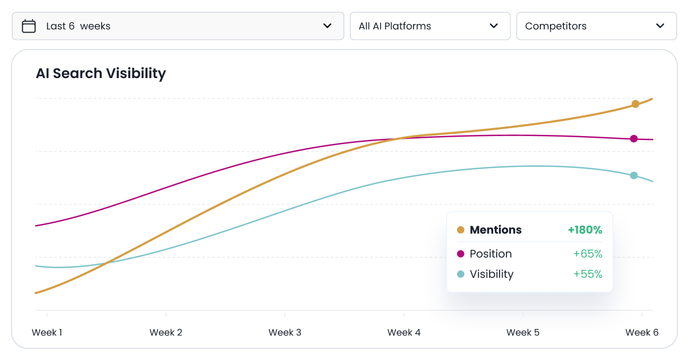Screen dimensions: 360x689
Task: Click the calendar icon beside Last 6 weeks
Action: pyautogui.click(x=29, y=26)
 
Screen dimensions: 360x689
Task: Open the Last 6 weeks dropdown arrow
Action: pyautogui.click(x=327, y=26)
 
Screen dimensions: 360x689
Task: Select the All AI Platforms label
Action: pyautogui.click(x=394, y=26)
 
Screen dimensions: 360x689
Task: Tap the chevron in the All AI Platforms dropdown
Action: pyautogui.click(x=493, y=26)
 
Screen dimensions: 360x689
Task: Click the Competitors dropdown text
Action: pyautogui.click(x=556, y=26)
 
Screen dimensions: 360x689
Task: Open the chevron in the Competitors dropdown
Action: pyautogui.click(x=660, y=26)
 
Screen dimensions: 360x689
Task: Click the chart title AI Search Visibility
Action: pyautogui.click(x=100, y=73)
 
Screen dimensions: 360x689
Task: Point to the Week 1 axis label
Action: pyautogui.click(x=47, y=332)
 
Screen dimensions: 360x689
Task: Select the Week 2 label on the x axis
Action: pyautogui.click(x=166, y=332)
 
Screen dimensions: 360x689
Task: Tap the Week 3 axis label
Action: pyautogui.click(x=285, y=332)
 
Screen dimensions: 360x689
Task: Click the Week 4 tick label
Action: pyautogui.click(x=404, y=332)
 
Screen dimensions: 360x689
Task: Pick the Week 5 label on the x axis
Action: pyautogui.click(x=522, y=332)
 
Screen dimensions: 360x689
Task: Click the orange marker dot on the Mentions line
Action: pyautogui.click(x=635, y=104)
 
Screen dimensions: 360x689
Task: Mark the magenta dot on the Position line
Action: pyautogui.click(x=634, y=138)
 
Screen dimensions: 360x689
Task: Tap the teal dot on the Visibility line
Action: pyautogui.click(x=634, y=175)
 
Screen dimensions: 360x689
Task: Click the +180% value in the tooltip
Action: pyautogui.click(x=585, y=230)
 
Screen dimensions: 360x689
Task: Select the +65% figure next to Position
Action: pyautogui.click(x=587, y=254)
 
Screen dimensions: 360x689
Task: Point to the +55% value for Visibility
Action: pyautogui.click(x=587, y=274)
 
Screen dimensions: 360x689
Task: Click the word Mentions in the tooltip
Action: pyautogui.click(x=496, y=230)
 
